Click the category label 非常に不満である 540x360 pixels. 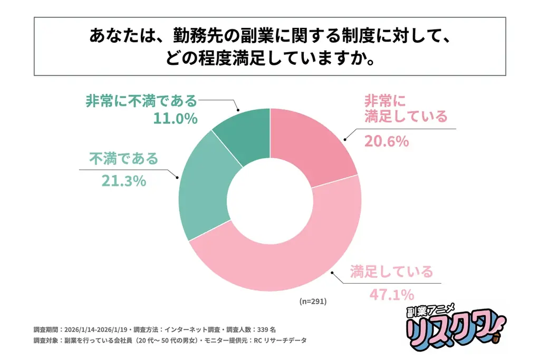pos(141,100)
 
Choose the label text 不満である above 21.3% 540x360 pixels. pos(123,158)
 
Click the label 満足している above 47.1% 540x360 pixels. pos(391,271)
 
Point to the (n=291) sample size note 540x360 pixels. pos(313,301)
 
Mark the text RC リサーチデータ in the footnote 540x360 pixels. pos(281,340)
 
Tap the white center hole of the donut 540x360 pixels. pos(270,200)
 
